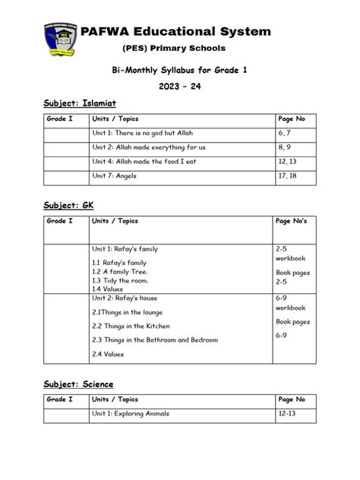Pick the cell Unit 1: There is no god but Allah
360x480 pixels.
pos(148,134)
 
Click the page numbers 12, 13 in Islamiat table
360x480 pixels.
pos(288,162)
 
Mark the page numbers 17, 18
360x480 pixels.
pos(288,176)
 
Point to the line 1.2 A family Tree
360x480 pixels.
pos(120,271)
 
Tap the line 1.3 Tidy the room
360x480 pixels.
pos(120,280)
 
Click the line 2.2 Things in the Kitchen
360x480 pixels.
pos(131,325)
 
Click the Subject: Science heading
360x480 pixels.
pos(69,384)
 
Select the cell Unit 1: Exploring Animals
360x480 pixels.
pos(130,414)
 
